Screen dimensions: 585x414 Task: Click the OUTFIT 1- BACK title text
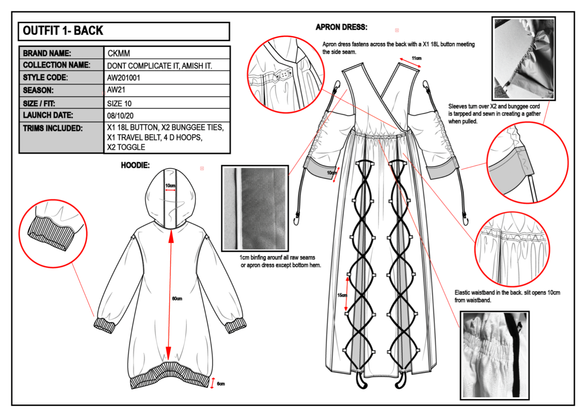63,31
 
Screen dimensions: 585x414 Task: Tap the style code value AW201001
123,78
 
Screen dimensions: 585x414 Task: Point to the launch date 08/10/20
120,116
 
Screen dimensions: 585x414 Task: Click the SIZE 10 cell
119,103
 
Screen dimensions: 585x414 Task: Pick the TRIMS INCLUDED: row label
53,128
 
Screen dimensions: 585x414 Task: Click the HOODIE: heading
135,165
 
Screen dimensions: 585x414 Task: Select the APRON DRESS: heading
341,27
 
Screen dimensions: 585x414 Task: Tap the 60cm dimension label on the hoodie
177,298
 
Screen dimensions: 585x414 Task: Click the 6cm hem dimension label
221,384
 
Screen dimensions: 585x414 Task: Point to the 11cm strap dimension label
416,58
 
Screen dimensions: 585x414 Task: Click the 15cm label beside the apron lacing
342,295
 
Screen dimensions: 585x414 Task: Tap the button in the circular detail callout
284,75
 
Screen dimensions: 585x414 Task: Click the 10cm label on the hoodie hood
170,186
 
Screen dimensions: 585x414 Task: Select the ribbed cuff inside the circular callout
50,233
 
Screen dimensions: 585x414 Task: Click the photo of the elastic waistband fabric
495,355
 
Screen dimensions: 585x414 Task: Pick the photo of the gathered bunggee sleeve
524,59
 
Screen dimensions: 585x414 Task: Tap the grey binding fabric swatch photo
255,208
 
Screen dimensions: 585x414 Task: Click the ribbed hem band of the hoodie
170,376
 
